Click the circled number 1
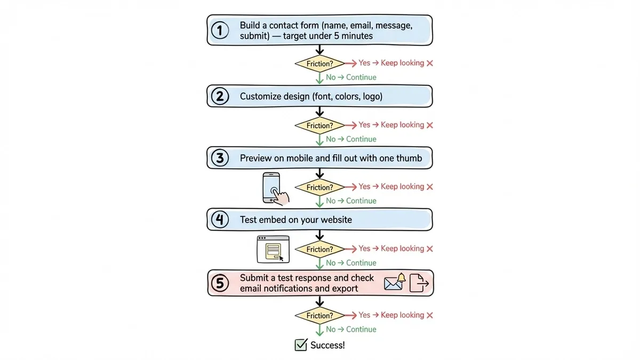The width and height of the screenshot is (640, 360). tap(220, 30)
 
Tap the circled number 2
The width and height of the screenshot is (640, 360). tap(220, 97)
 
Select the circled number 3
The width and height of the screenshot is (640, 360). tap(220, 158)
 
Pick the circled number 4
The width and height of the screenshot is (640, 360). tap(220, 220)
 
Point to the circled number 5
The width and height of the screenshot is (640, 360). tap(220, 283)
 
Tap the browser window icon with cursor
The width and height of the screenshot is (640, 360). tap(273, 249)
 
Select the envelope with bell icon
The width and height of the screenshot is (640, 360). tap(395, 282)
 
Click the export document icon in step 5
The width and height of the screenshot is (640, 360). tap(419, 283)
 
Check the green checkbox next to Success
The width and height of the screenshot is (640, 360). tap(301, 345)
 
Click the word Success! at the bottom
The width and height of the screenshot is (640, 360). tap(327, 345)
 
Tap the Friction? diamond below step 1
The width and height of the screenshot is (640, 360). tap(319, 63)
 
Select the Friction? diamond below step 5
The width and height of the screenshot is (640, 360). tap(319, 316)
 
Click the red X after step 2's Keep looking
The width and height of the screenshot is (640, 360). tap(430, 125)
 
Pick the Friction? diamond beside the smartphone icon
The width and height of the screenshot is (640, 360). tap(319, 187)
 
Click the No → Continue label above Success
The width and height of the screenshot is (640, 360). tap(351, 330)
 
